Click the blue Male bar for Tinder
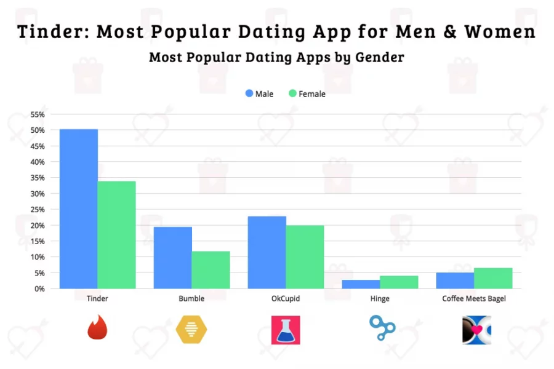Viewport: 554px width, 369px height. click(78, 208)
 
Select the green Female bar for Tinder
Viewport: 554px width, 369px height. click(116, 234)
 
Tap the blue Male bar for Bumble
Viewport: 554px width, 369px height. click(172, 257)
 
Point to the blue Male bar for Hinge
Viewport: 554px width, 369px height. click(361, 284)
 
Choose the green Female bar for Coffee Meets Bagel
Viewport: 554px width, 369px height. click(493, 278)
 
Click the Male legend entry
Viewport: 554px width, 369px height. click(259, 94)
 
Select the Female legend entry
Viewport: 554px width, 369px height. click(306, 94)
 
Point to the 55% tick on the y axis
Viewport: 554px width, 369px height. click(38, 114)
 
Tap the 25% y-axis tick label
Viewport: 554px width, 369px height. click(38, 210)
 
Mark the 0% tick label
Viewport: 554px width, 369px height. click(40, 288)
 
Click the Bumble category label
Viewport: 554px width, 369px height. click(191, 299)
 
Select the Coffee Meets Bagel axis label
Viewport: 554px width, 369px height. click(474, 299)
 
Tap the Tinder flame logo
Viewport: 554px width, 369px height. click(97, 328)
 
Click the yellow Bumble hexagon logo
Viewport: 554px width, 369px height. click(191, 329)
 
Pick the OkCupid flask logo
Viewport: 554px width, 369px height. click(286, 330)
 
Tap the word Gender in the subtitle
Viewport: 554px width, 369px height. click(379, 58)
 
